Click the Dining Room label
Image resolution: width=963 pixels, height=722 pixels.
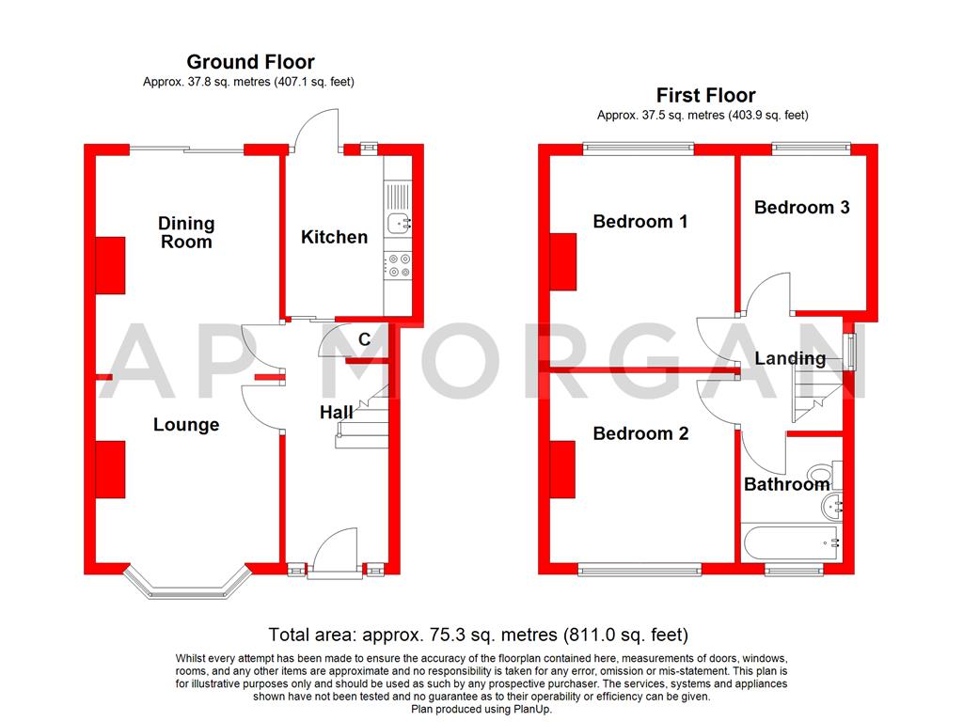click(186, 232)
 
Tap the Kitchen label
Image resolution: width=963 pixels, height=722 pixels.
click(334, 237)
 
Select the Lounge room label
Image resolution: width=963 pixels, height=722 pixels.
click(186, 425)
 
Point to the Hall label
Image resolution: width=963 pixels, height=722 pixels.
click(336, 412)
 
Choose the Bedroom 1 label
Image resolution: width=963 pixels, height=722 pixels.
click(639, 222)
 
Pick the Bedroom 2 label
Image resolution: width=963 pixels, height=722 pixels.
click(639, 433)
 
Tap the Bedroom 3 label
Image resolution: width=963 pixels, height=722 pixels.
click(801, 207)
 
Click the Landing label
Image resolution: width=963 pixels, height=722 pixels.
click(790, 358)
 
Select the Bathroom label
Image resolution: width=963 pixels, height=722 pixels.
click(786, 484)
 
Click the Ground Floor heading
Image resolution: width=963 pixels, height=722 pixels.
click(250, 62)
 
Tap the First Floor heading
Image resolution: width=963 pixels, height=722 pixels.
click(705, 95)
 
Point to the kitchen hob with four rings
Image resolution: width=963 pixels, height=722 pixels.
click(399, 265)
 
